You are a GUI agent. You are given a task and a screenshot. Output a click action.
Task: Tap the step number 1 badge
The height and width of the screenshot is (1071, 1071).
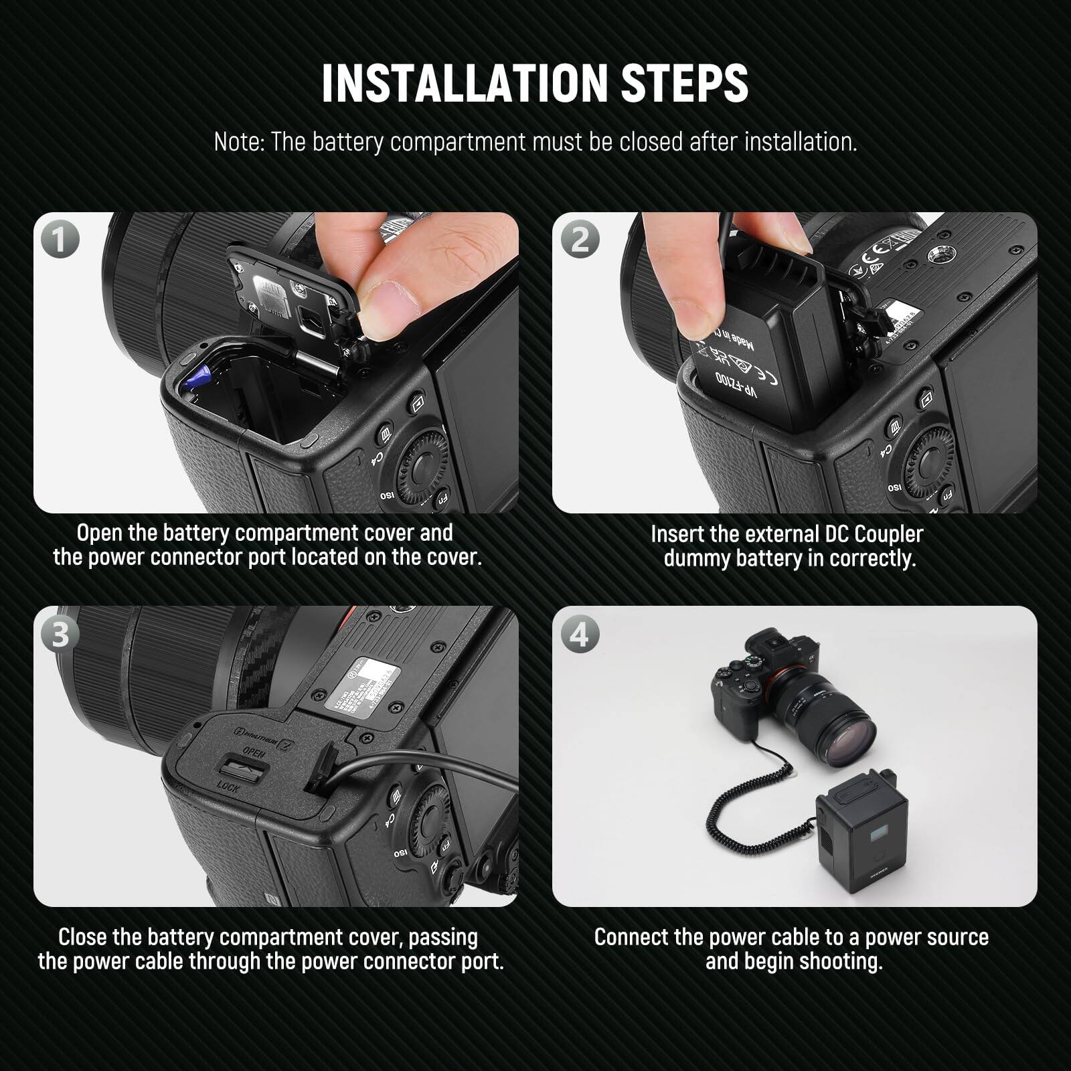(x=60, y=239)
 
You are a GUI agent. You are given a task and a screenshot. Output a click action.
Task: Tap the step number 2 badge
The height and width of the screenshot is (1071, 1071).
(x=579, y=239)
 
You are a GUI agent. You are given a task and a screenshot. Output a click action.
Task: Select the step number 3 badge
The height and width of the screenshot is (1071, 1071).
(x=60, y=633)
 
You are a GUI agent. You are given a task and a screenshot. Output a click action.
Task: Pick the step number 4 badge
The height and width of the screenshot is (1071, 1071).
(x=579, y=633)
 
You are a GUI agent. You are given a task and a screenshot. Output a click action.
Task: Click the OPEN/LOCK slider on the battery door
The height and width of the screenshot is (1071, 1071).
(x=242, y=769)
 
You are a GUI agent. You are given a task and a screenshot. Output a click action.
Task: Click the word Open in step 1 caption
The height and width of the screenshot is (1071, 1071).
(x=99, y=533)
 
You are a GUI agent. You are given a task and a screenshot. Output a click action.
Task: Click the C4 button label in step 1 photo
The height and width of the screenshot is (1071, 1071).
(x=376, y=459)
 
